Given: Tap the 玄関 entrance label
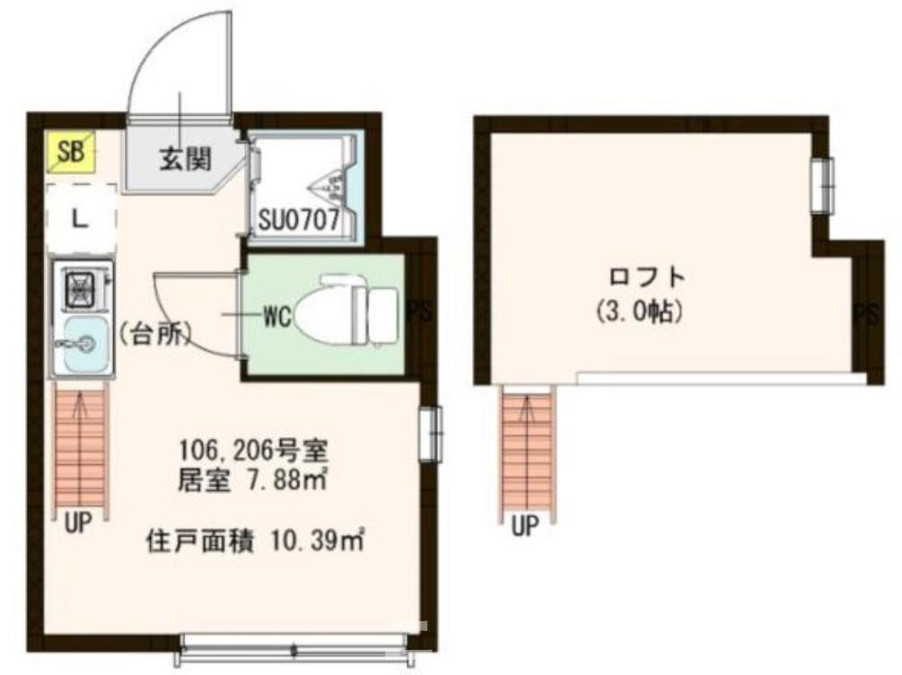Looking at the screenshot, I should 186,159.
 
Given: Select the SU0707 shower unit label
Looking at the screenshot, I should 300,220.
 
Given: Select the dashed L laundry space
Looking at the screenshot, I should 80,216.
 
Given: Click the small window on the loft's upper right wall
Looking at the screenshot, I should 822,186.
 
